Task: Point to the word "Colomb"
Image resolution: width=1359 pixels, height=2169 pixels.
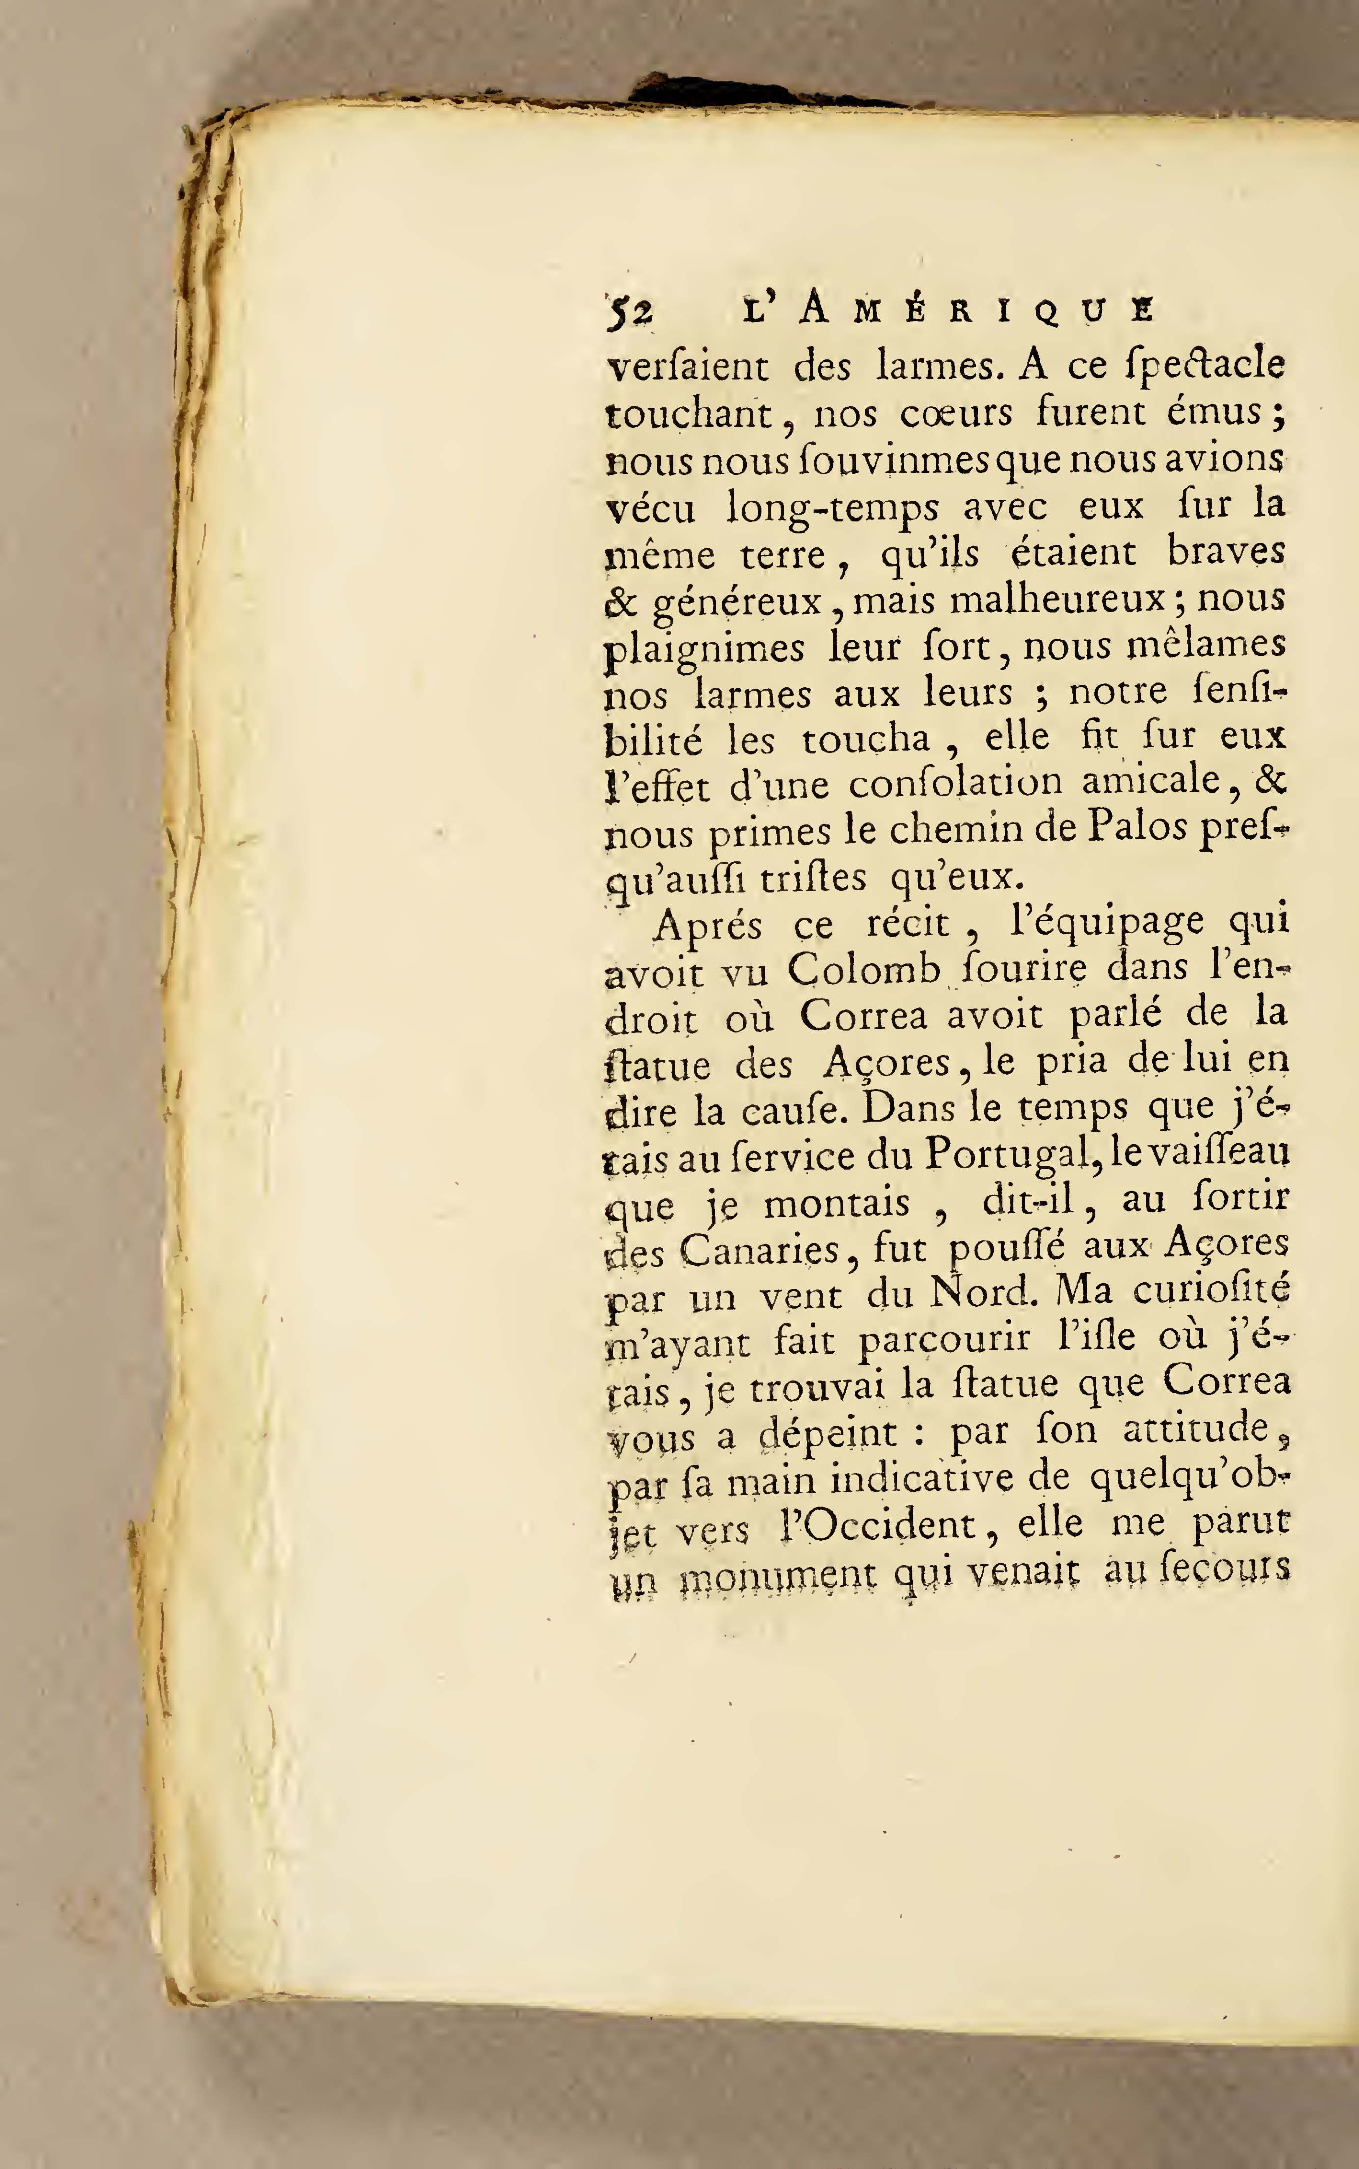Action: tap(864, 971)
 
